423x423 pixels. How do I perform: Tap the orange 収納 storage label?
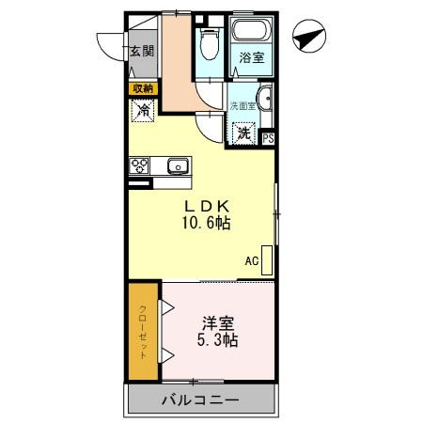click(142, 88)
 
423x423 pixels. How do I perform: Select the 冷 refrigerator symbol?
click(143, 111)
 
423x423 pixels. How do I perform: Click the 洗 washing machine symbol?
click(244, 133)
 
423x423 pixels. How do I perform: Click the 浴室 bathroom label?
click(250, 58)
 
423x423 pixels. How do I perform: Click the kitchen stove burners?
click(140, 167)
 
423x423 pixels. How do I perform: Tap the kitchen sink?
click(177, 167)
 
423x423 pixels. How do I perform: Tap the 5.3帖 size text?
click(217, 340)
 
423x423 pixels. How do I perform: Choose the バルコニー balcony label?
click(199, 399)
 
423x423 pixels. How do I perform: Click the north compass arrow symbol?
click(310, 39)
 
